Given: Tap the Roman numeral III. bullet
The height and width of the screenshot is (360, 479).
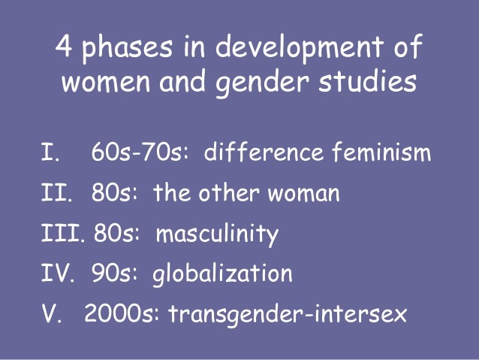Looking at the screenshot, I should [x=63, y=234].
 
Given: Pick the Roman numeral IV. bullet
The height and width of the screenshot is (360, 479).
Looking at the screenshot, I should [x=59, y=274].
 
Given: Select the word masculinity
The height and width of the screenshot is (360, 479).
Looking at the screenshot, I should [x=217, y=235].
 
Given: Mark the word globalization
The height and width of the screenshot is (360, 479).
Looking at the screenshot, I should [x=222, y=275].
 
